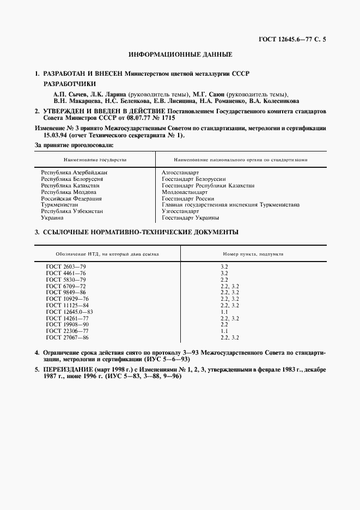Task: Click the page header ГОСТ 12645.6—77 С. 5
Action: coord(296,39)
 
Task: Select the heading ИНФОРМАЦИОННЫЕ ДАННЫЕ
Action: coord(180,54)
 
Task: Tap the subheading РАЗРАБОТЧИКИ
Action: coord(69,84)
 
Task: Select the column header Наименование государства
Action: coord(95,160)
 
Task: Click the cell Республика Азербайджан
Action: coord(74,172)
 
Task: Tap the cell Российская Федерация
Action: coord(72,198)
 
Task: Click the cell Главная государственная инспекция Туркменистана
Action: coord(230,205)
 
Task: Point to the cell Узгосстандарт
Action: coord(180,211)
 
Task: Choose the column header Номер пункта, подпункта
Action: coord(253,254)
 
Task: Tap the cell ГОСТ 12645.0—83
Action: coord(70,312)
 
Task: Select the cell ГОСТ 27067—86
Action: coord(67,338)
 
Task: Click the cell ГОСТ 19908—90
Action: coord(67,325)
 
